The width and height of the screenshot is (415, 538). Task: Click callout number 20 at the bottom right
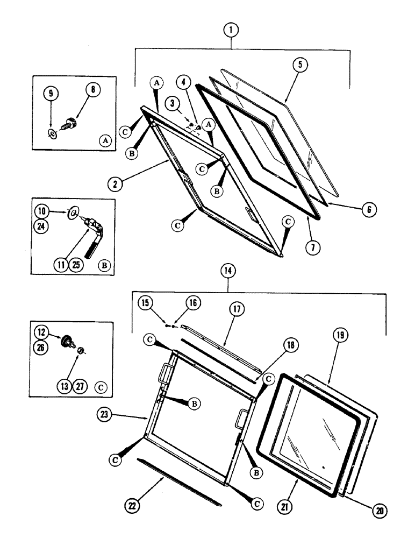point(367,509)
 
